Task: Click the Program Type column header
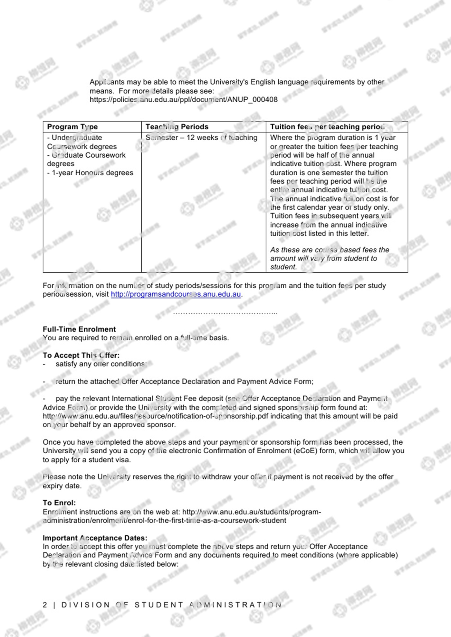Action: coord(72,127)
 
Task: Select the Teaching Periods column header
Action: coord(177,127)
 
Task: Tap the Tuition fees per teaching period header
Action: coord(327,127)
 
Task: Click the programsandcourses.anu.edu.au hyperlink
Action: coord(176,294)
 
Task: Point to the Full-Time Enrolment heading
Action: coord(79,329)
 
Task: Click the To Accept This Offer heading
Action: coord(81,355)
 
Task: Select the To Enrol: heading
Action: coord(59,503)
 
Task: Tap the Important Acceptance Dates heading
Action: coord(95,538)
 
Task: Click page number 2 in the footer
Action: coord(45,605)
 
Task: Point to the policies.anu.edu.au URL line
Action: coord(183,100)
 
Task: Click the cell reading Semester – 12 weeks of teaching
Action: coord(201,138)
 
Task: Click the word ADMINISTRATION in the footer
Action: coord(235,605)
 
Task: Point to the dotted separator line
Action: coord(225,313)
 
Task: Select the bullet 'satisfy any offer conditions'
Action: coord(101,364)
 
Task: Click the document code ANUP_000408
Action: coord(252,100)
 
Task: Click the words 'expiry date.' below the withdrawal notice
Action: coord(62,486)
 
